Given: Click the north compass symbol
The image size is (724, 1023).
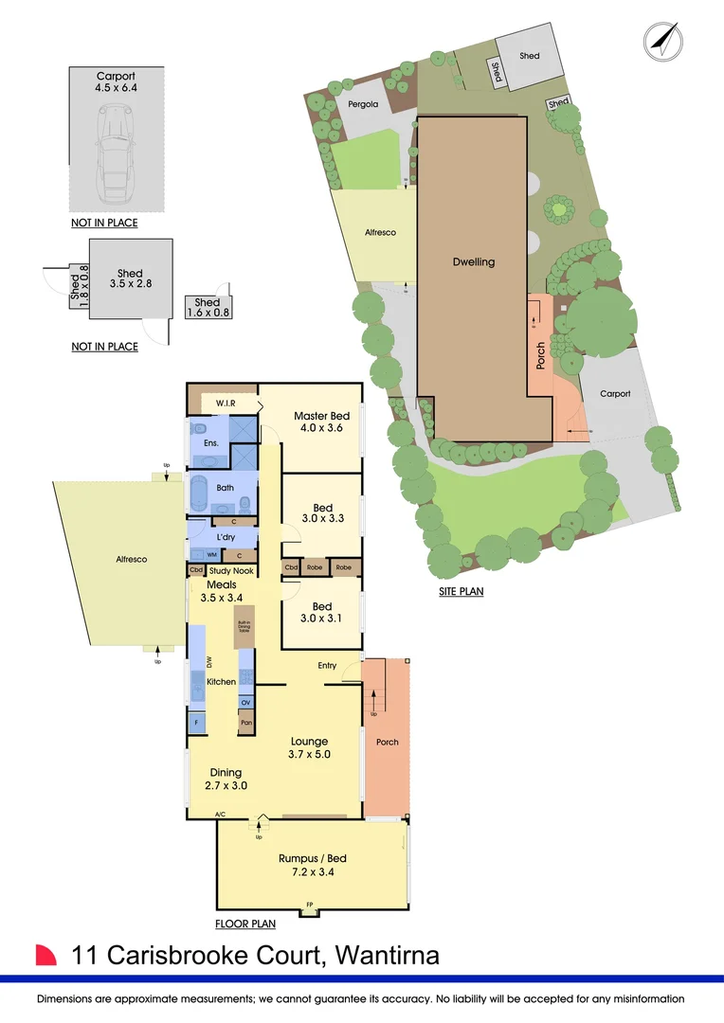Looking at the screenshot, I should pos(664,40).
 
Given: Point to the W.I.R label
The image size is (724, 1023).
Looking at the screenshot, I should pos(225,404).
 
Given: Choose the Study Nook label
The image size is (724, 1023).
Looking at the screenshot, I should pos(231,570).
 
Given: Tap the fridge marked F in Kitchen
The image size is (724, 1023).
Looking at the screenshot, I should pos(196,723).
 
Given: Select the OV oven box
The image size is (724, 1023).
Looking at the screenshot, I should pos(244,703).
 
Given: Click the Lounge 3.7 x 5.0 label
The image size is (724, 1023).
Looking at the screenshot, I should pos(309,747).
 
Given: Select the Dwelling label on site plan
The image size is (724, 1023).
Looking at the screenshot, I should pos(472,262).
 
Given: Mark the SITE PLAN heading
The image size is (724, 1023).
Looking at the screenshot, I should pos(462,592).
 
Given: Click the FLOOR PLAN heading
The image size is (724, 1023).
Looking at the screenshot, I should pos(244,924).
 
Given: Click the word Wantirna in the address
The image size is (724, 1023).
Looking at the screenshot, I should pos(386,955).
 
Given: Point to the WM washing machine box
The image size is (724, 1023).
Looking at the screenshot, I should pos(212,555).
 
